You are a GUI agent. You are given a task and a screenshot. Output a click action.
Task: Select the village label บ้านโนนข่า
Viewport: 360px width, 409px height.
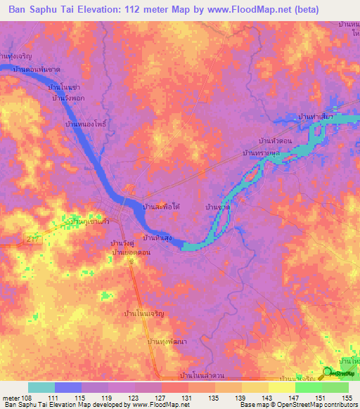[64, 86]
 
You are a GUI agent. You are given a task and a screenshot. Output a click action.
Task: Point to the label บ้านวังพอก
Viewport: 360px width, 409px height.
[69, 98]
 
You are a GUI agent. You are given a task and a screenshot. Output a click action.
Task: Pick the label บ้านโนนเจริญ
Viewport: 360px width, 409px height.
[146, 313]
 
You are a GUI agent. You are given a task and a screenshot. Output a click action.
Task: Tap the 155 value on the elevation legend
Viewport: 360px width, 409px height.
[347, 398]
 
